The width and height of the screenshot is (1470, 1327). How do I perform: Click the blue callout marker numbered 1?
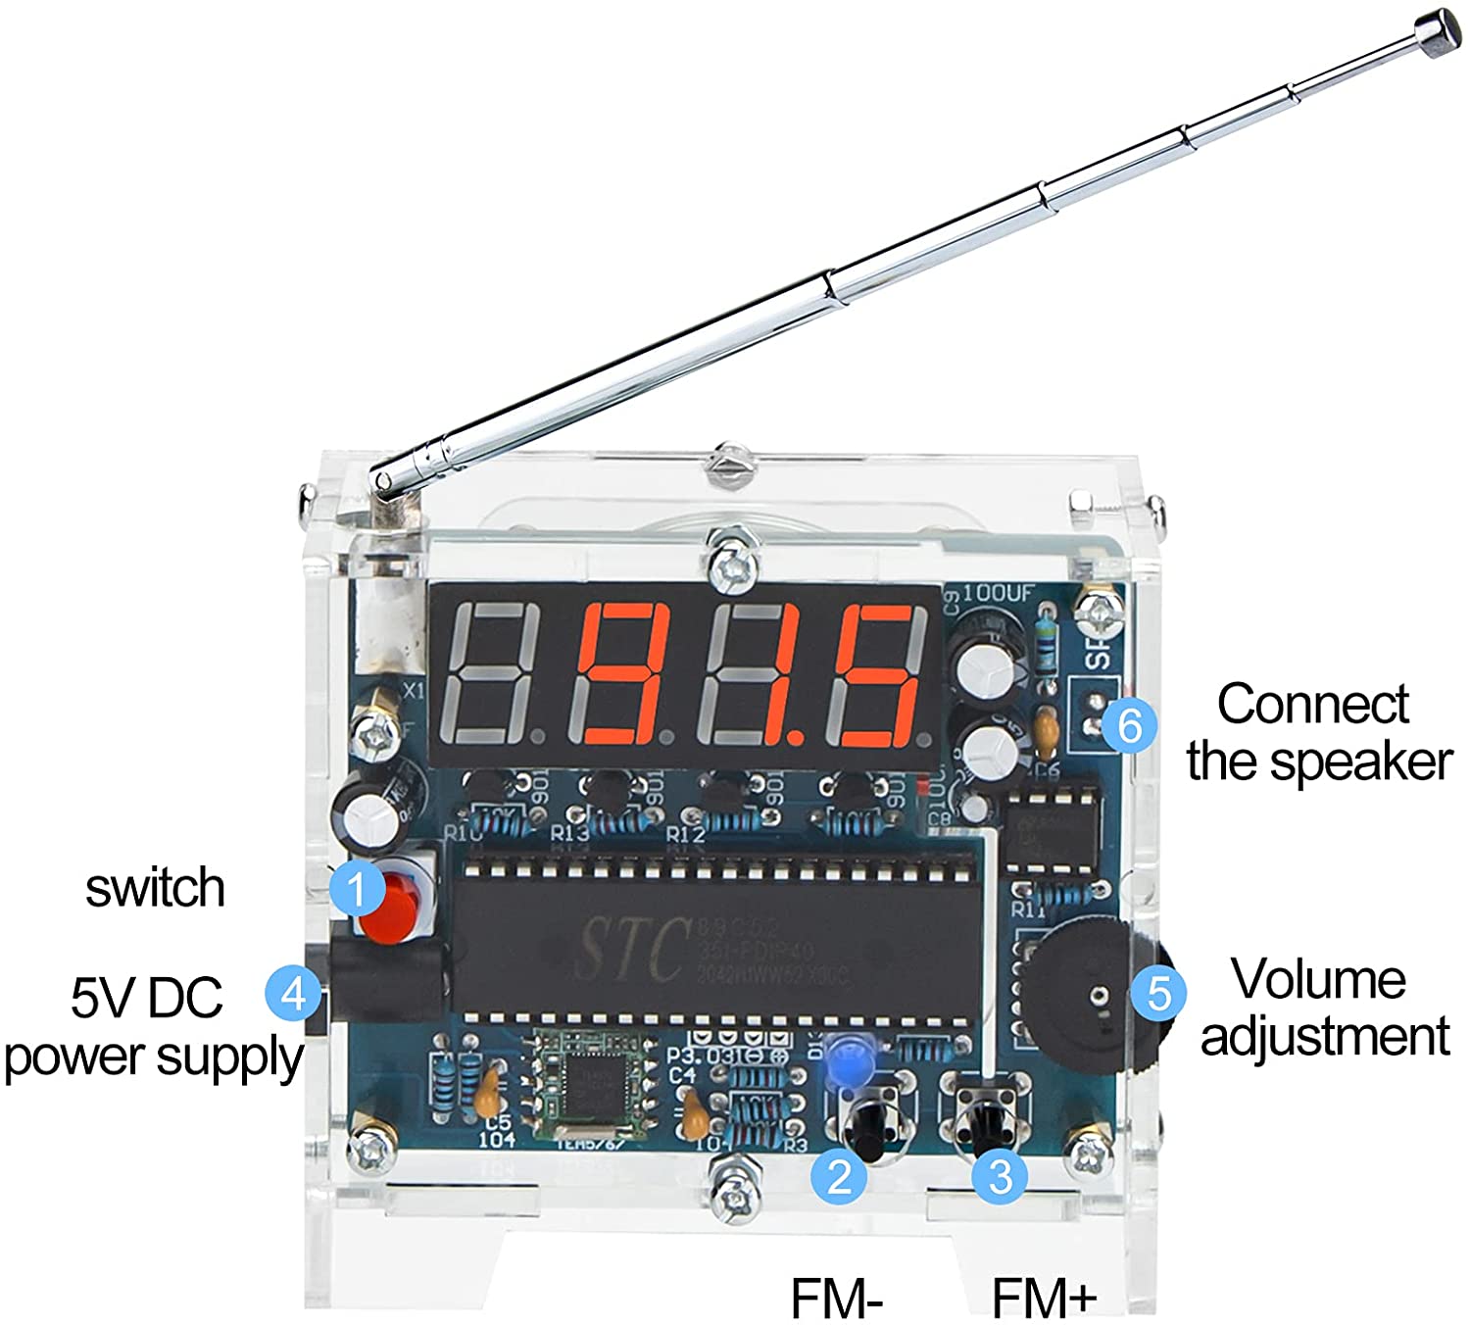coord(357,889)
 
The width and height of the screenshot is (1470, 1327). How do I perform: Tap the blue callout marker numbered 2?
coord(839,1175)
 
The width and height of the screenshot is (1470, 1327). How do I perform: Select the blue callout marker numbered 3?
coord(1000,1175)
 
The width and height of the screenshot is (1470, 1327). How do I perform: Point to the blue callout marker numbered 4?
coord(293,994)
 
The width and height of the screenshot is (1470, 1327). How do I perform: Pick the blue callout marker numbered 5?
coord(1157,993)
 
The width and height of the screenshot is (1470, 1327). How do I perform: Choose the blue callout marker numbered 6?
coord(1129,726)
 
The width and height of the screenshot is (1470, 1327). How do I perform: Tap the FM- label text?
coord(838,1298)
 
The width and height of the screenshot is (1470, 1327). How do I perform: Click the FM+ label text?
coord(1044,1298)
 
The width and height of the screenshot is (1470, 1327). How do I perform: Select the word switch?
coord(155,887)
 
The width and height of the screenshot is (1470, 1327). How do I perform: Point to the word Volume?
coord(1318,979)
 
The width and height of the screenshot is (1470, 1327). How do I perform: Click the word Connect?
coord(1312,704)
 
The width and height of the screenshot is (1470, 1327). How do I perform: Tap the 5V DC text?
coord(147,998)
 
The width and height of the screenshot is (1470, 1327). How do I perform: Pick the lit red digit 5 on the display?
coord(874,672)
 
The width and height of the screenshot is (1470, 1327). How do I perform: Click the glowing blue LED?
coord(845,1061)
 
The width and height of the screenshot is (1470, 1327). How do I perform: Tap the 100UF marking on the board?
coord(998,592)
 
